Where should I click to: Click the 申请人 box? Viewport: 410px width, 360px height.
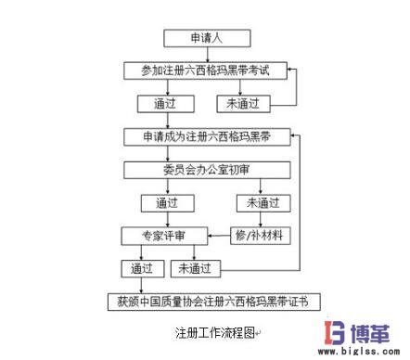pyautogui.click(x=206, y=39)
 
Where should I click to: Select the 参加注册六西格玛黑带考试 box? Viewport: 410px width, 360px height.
pyautogui.click(x=205, y=70)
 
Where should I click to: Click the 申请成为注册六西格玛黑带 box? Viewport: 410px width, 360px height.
pyautogui.click(x=205, y=136)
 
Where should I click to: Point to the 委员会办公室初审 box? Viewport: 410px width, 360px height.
pyautogui.click(x=205, y=169)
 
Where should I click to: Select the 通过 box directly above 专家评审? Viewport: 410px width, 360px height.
pyautogui.click(x=166, y=201)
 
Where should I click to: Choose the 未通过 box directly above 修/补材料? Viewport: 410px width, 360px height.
pyautogui.click(x=259, y=201)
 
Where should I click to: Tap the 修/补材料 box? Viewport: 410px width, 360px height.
pyautogui.click(x=259, y=235)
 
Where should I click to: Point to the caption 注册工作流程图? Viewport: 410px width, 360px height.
pyautogui.click(x=206, y=331)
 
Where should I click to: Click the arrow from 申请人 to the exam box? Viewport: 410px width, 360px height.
pyautogui.click(x=205, y=54)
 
